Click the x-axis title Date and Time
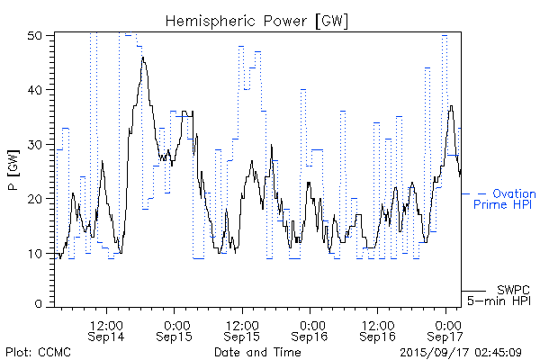pyautogui.click(x=257, y=351)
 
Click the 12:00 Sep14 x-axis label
pyautogui.click(x=106, y=329)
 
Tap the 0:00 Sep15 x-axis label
pyautogui.click(x=175, y=329)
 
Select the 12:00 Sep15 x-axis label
pyautogui.click(x=242, y=329)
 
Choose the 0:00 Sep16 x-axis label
pyautogui.click(x=310, y=329)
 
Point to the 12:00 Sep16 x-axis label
pyautogui.click(x=378, y=329)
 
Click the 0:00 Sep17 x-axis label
pyautogui.click(x=446, y=329)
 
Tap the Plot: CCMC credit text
pyautogui.click(x=38, y=351)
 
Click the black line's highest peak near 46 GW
pyautogui.click(x=142, y=58)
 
